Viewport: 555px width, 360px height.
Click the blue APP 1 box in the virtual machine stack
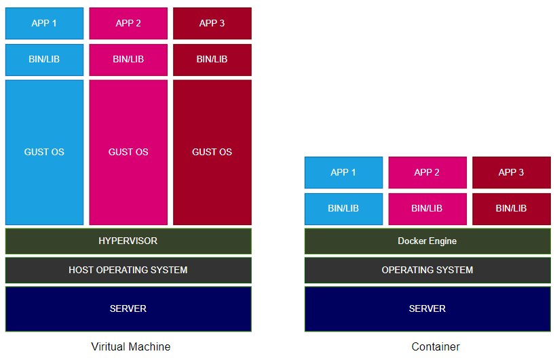pos(44,23)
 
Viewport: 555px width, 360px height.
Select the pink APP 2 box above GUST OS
pos(128,23)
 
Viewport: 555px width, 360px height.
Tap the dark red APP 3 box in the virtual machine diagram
pos(212,23)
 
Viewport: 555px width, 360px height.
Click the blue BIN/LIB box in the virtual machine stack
pos(44,60)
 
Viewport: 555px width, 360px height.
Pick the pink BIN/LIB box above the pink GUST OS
pos(128,60)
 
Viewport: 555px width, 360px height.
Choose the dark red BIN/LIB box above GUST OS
pos(212,60)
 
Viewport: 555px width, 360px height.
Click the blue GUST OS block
pos(44,152)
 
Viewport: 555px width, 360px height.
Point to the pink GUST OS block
pos(128,152)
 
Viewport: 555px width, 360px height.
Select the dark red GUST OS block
pos(212,152)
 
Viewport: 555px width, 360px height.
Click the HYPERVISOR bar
pos(128,241)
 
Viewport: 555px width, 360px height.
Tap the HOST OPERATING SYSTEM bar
pos(128,270)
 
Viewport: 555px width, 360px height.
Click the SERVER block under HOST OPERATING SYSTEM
pos(128,308)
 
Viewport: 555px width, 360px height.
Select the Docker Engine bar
pos(427,241)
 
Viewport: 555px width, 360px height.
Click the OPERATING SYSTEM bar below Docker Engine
pos(427,270)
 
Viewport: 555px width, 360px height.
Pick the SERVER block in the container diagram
pos(427,308)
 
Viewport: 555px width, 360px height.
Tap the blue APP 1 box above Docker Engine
pos(343,172)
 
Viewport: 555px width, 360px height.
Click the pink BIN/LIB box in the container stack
pos(427,209)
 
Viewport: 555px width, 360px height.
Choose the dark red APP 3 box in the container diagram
pos(511,172)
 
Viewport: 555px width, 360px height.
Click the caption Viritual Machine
pos(131,346)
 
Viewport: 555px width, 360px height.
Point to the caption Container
pos(436,346)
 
